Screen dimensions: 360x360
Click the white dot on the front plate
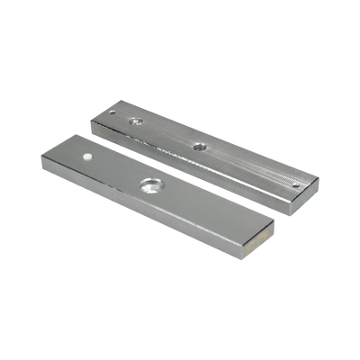point(89,156)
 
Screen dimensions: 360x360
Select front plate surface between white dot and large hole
point(117,170)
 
